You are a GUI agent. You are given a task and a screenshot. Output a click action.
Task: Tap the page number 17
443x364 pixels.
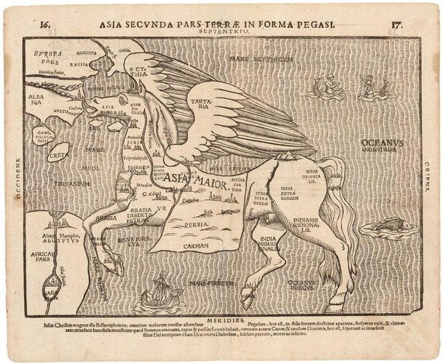pos(397,23)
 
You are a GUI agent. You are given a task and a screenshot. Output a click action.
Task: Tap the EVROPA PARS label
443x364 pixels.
pos(46,58)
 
